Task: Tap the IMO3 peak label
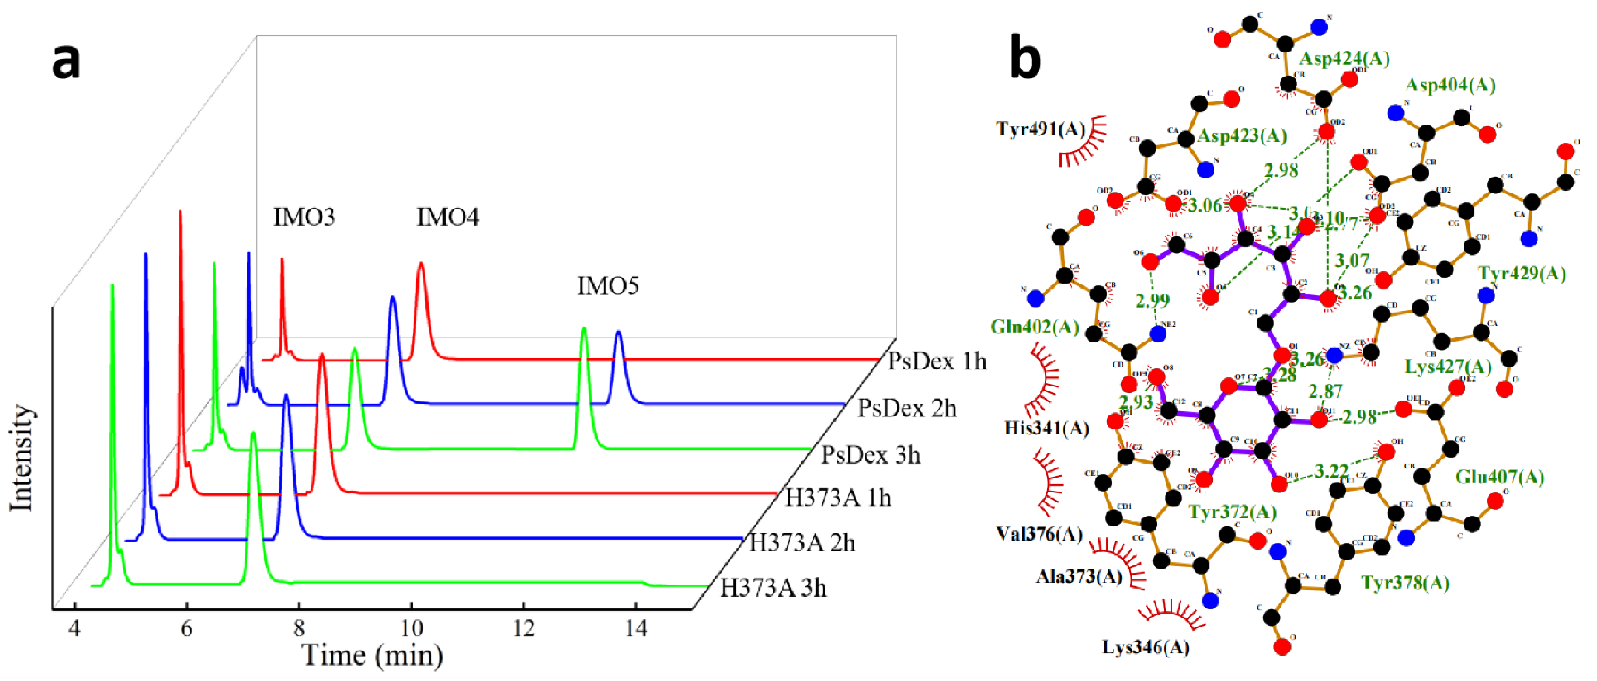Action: (304, 217)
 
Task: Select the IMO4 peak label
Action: (448, 217)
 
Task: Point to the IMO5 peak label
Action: (608, 286)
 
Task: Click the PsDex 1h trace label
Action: (936, 361)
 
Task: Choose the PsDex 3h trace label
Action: (870, 455)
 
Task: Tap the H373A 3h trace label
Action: (773, 587)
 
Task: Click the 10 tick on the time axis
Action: (411, 629)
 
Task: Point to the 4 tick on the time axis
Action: (74, 629)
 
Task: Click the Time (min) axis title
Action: (372, 656)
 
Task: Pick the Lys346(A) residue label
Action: (1146, 647)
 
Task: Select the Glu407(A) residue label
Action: (1499, 476)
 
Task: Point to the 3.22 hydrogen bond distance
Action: (1332, 471)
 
